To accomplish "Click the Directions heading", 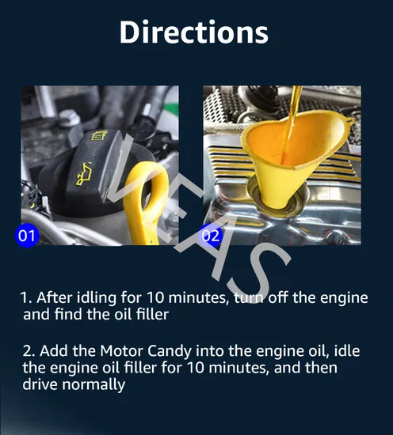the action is (193, 32).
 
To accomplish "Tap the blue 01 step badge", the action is (27, 235).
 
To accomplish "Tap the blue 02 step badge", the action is (211, 235).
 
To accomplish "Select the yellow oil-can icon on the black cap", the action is (83, 174).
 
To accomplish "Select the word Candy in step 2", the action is (170, 352).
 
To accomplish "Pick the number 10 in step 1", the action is (155, 297).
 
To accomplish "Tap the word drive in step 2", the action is (40, 384).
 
